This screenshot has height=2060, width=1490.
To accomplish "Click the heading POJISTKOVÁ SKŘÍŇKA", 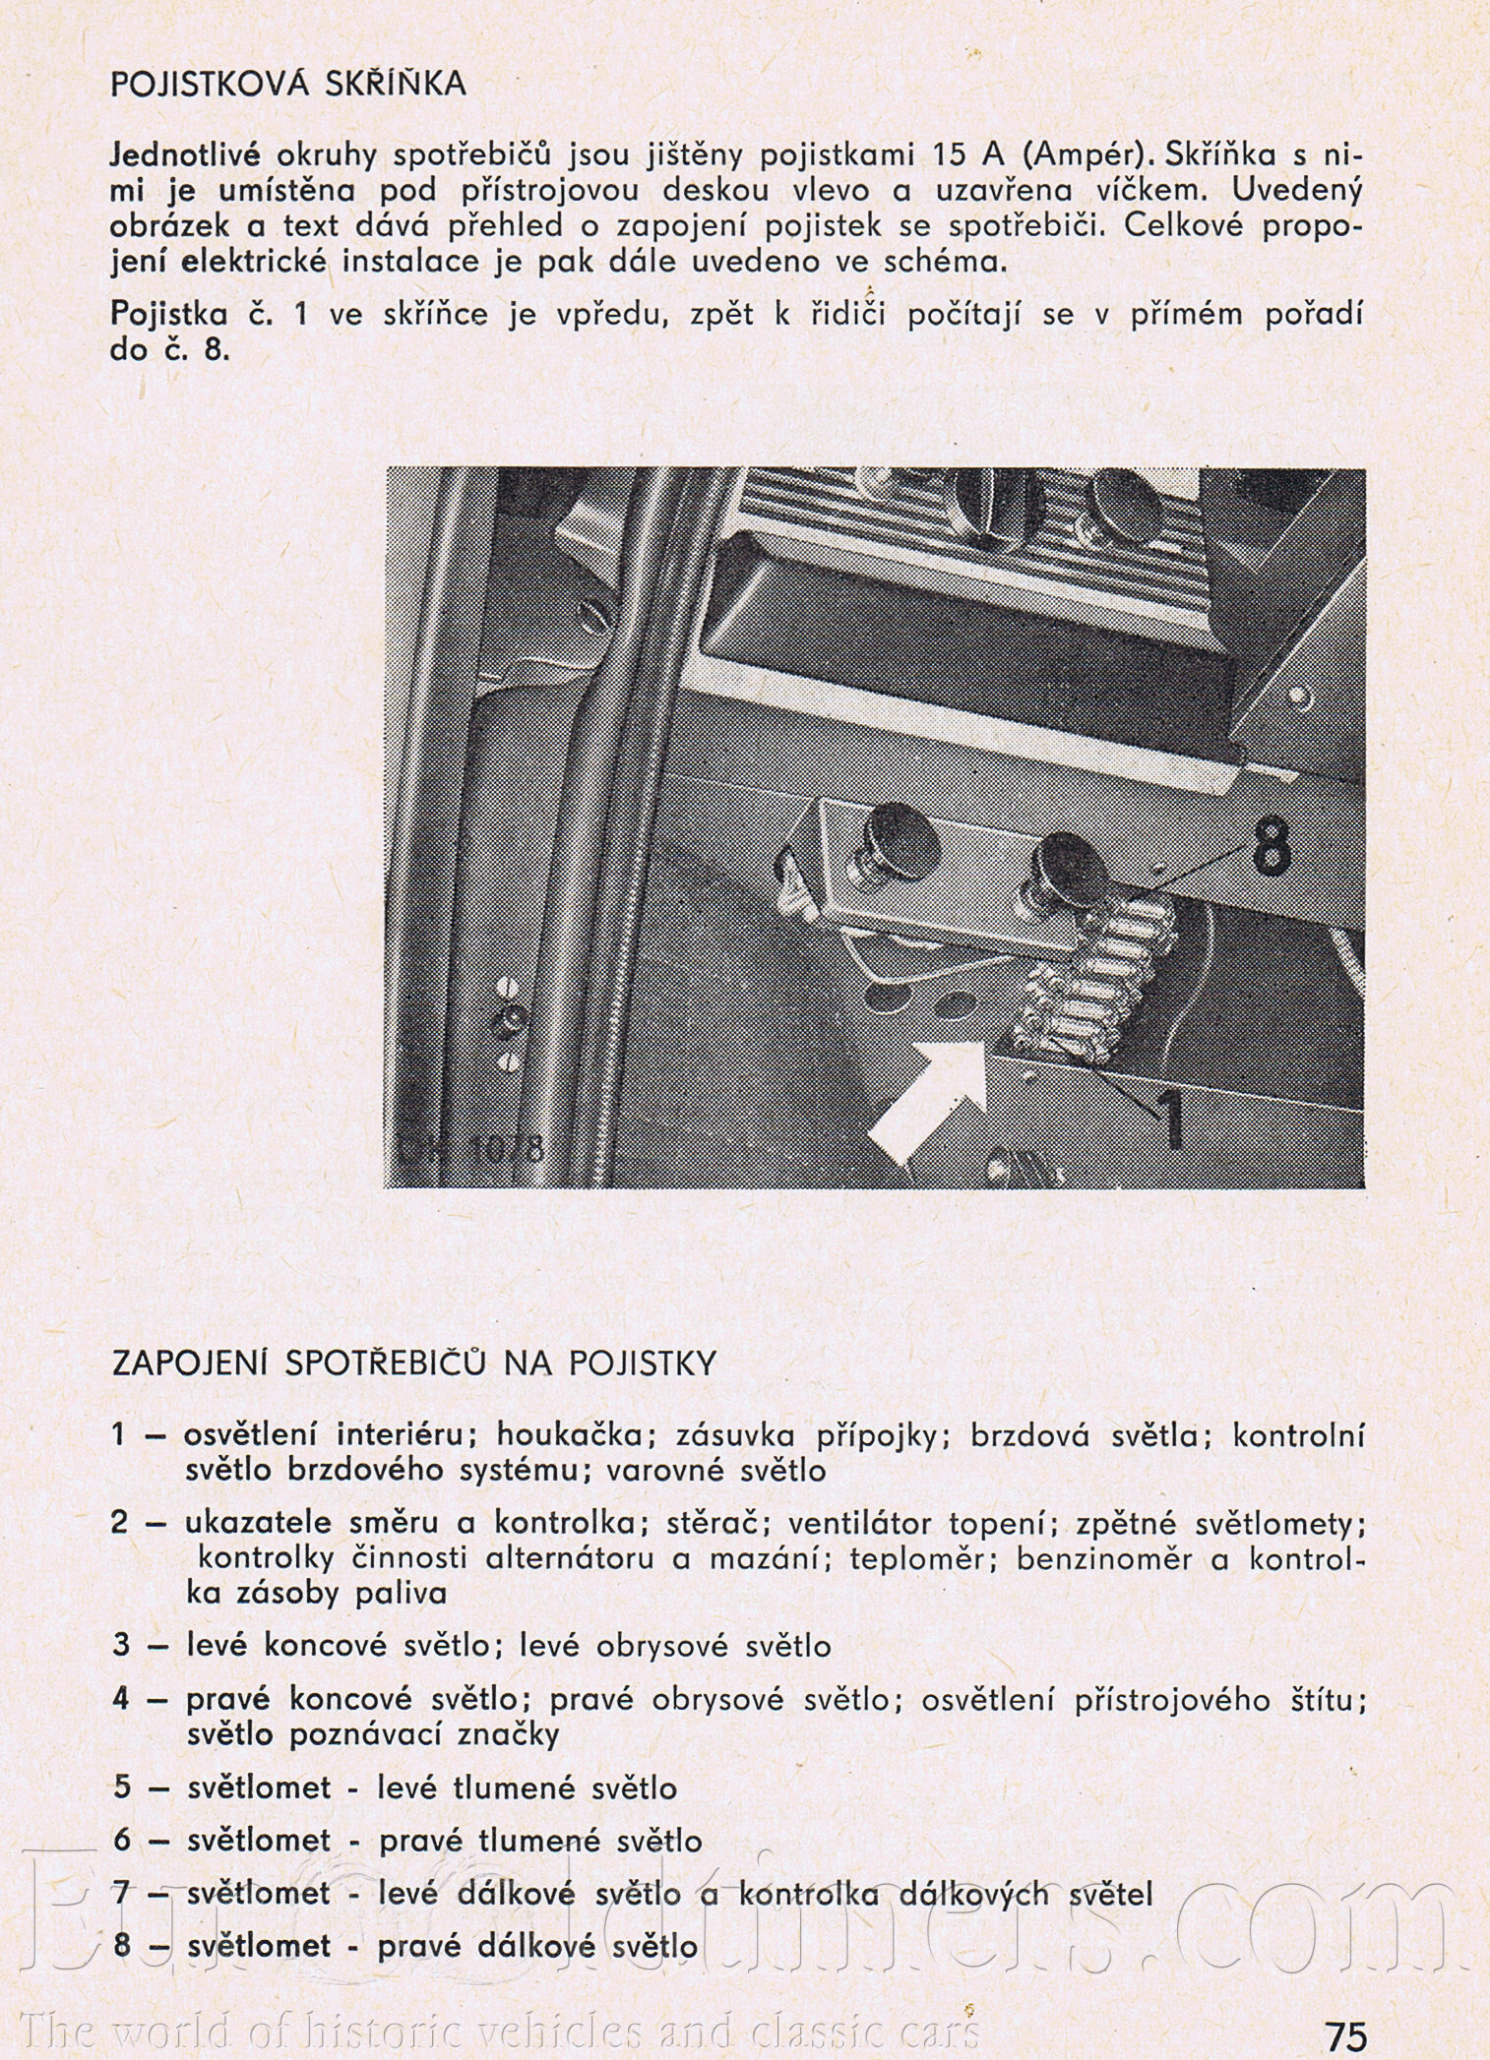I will [288, 85].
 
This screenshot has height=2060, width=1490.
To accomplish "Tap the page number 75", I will [1344, 2035].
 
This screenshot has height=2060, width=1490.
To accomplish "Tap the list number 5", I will [121, 1787].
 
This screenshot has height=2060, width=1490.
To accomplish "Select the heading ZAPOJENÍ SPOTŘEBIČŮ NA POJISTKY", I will [414, 1363].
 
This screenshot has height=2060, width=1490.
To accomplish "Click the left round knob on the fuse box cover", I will [898, 842].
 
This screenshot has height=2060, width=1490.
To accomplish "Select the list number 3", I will [121, 1645].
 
